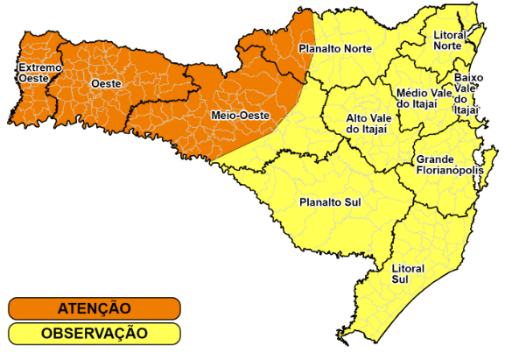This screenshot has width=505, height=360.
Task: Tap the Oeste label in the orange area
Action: click(105, 84)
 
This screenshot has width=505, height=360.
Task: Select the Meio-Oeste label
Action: click(240, 116)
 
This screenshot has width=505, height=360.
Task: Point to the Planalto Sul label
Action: click(330, 202)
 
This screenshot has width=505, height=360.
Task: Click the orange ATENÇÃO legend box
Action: click(95, 308)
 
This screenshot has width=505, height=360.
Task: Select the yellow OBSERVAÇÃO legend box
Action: click(95, 334)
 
